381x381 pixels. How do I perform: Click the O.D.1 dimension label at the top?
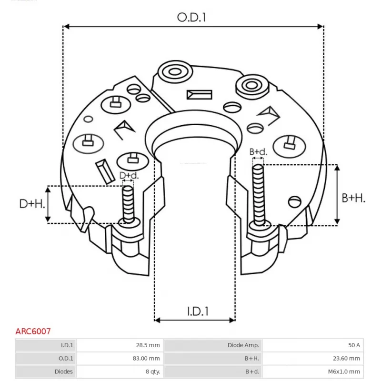193,17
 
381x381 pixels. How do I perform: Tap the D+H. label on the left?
32,204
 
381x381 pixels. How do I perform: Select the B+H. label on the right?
354,198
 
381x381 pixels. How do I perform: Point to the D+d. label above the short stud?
129,176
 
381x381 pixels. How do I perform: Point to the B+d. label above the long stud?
259,152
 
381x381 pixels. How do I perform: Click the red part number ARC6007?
33,331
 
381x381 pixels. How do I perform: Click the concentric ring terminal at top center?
173,72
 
